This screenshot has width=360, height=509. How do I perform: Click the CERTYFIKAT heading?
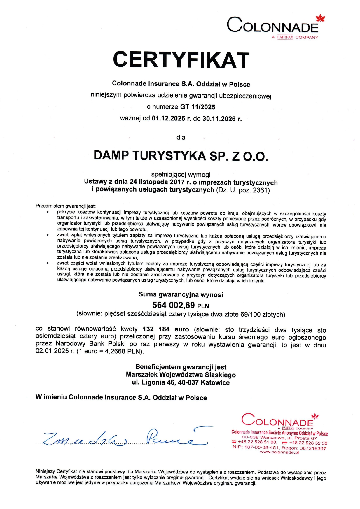181,60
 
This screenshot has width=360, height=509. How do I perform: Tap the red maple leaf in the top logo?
321,18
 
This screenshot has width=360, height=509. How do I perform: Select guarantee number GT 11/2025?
198,107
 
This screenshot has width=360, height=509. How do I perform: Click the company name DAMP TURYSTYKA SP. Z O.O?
181,156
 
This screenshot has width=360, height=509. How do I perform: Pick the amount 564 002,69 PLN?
181,305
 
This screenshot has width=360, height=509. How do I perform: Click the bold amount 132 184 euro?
166,329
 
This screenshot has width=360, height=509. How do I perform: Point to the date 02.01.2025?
52,351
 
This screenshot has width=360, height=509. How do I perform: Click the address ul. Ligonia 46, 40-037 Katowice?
181,382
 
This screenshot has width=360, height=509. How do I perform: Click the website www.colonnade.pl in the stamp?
279,452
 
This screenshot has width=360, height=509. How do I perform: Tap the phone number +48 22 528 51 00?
257,442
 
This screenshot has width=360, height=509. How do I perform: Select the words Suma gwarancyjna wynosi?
181,294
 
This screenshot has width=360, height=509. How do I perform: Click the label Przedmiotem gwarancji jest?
65,206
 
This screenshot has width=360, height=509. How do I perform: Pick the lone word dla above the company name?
181,137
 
